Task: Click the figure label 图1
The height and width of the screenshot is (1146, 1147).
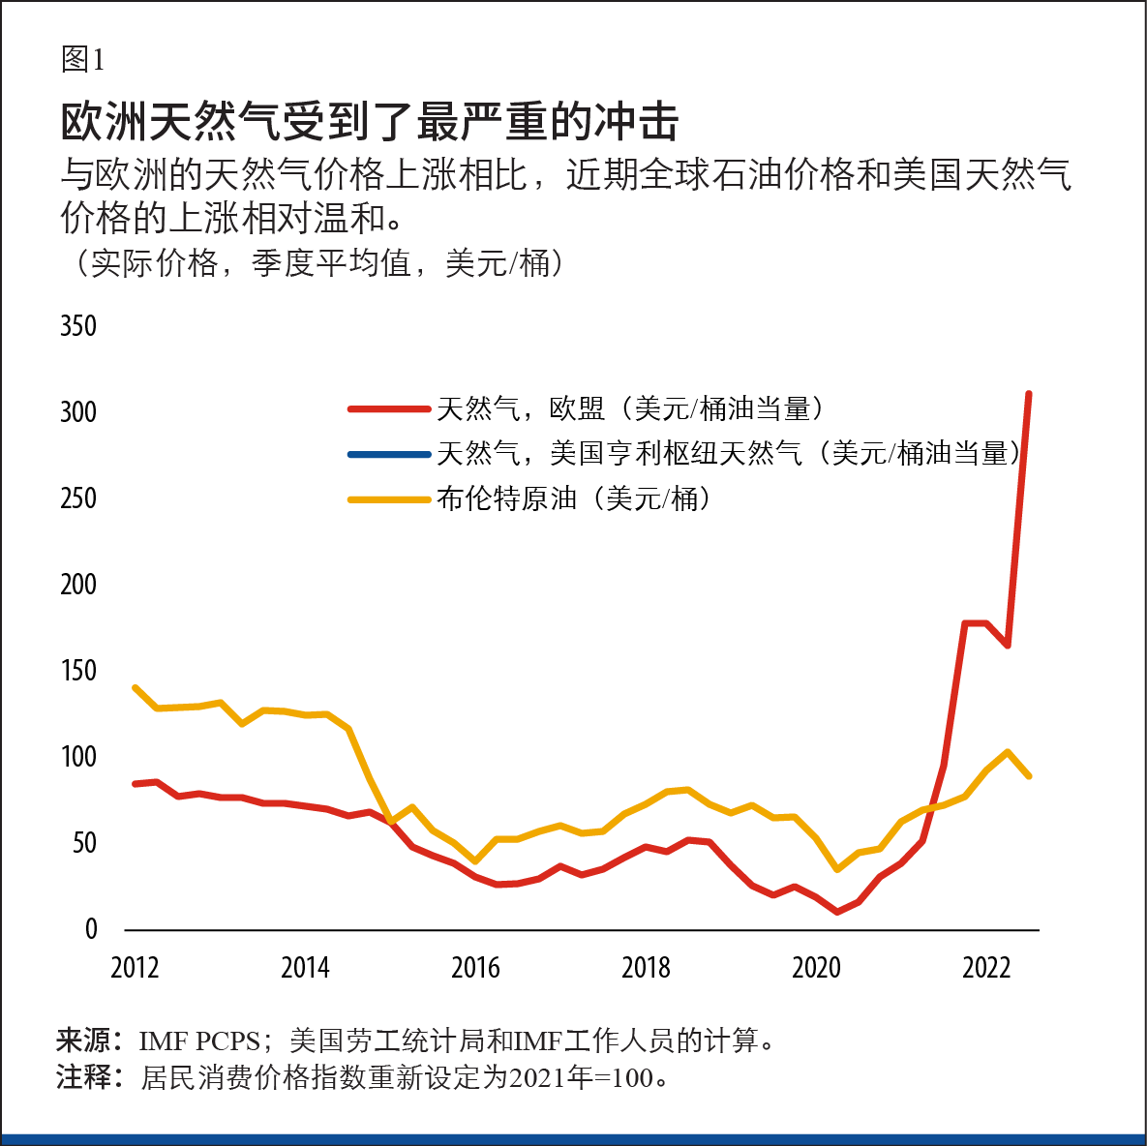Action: [82, 60]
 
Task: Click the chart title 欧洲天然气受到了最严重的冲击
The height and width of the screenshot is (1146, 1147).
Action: [369, 122]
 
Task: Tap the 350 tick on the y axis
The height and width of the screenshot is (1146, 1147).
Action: [78, 325]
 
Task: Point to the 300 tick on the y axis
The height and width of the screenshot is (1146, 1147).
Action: [78, 411]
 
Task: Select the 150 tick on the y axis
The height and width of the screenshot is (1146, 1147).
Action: [78, 670]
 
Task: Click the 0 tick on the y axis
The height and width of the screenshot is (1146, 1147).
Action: [91, 929]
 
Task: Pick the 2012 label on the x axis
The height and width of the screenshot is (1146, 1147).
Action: [135, 967]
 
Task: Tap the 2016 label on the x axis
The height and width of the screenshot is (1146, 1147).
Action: [475, 967]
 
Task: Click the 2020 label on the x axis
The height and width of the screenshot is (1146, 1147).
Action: [816, 967]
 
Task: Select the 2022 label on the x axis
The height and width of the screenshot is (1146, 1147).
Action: [986, 967]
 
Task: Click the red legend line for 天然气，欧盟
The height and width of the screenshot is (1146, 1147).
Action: [389, 409]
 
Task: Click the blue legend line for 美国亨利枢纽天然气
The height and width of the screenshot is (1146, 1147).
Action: [389, 454]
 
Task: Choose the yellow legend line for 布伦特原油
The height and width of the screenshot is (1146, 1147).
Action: [389, 499]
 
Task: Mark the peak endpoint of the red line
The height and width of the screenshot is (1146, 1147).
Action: [1029, 394]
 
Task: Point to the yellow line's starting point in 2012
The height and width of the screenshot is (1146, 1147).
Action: [135, 687]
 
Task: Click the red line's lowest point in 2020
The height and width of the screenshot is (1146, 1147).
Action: [837, 912]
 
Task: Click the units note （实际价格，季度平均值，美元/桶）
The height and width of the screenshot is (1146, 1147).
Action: [316, 263]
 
